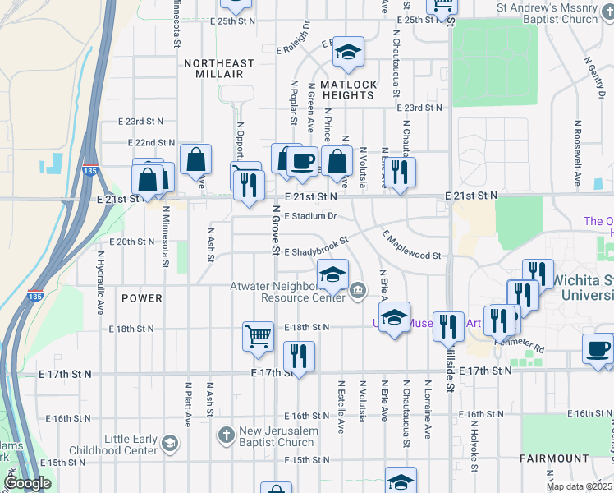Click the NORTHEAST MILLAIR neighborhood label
(x=219, y=68)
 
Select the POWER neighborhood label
(x=142, y=297)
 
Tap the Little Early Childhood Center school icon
(x=169, y=444)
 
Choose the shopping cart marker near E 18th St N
(x=258, y=337)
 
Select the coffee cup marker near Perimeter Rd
(x=597, y=348)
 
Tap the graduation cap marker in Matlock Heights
(x=348, y=53)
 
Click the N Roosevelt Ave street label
(x=578, y=153)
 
